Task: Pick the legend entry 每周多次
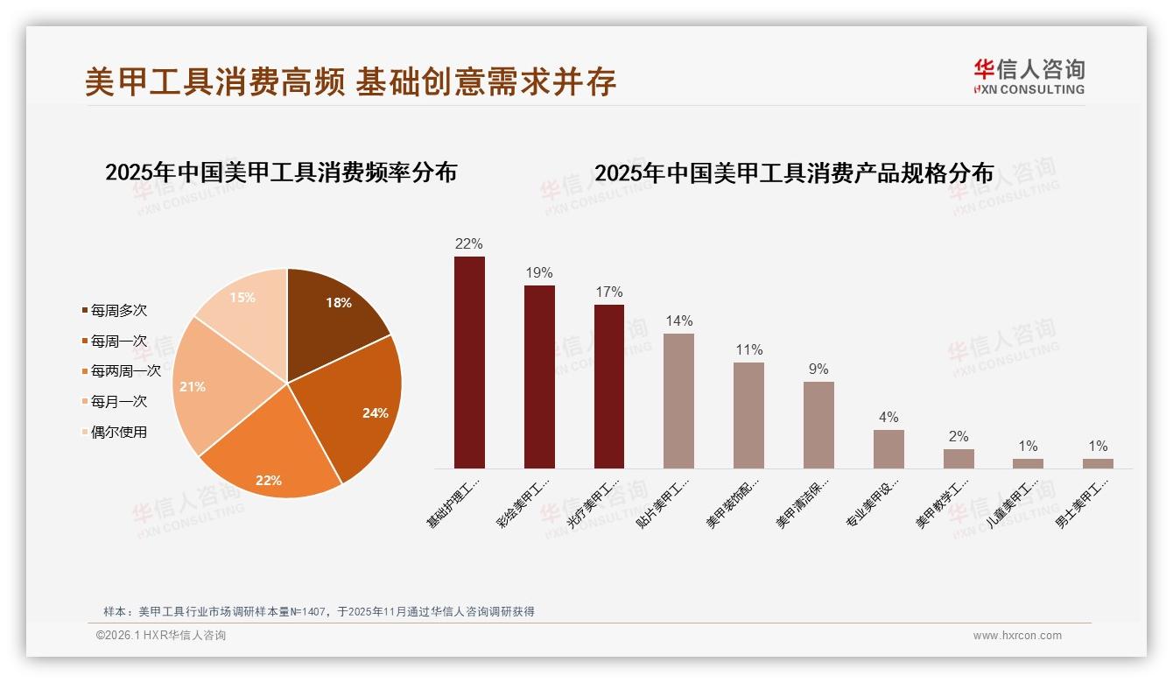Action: click(118, 311)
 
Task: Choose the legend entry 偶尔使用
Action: click(118, 432)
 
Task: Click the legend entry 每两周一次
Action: click(125, 371)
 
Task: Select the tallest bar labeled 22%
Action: click(469, 363)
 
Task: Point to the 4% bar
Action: click(889, 449)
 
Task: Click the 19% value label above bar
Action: click(539, 273)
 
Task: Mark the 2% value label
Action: click(959, 437)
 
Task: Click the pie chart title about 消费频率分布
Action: click(281, 173)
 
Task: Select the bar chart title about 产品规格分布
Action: click(794, 173)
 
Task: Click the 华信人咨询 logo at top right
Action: click(1029, 76)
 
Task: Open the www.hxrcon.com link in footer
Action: click(1017, 636)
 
